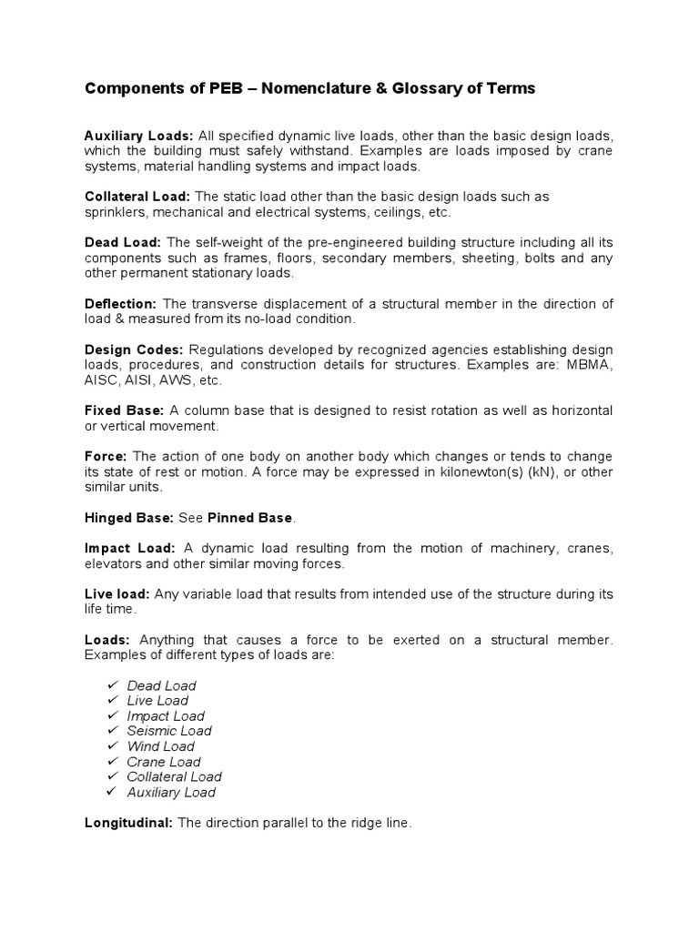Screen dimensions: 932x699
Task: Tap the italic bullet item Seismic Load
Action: pyautogui.click(x=169, y=731)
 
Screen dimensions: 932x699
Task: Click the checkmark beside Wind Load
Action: pyautogui.click(x=112, y=745)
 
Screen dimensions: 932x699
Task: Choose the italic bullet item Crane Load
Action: pyautogui.click(x=164, y=762)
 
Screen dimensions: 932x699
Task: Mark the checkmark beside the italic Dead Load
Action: pyautogui.click(x=112, y=684)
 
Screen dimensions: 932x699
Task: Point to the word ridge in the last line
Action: pyautogui.click(x=349, y=823)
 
